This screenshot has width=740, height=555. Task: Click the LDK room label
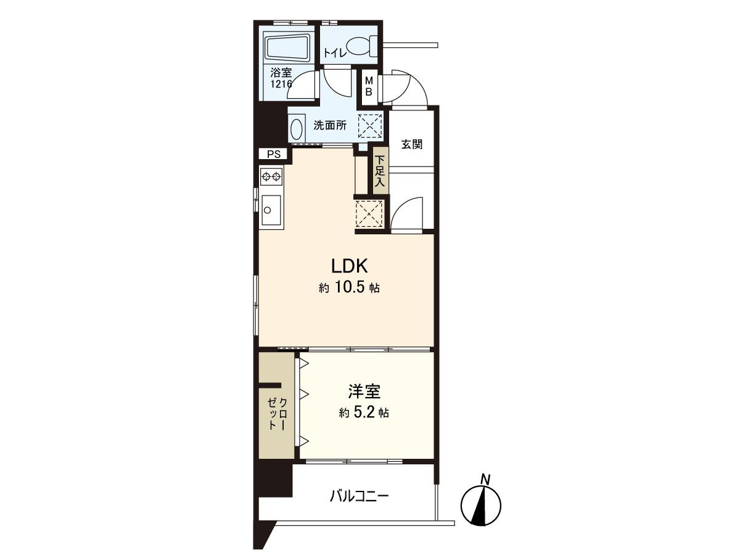click(x=349, y=266)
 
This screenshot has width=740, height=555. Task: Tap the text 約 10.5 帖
click(x=349, y=288)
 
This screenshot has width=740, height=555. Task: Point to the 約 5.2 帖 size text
click(x=364, y=413)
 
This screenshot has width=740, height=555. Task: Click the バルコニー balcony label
click(x=359, y=496)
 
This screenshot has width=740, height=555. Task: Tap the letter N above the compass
click(x=485, y=479)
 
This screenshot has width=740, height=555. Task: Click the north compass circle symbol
click(x=481, y=506)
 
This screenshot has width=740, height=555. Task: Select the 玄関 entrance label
click(x=412, y=144)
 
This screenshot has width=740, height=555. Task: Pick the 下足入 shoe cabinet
click(x=380, y=171)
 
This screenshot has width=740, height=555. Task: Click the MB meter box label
click(x=369, y=86)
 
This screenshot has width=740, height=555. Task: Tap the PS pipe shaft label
click(x=274, y=154)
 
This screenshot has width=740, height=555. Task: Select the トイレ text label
click(x=335, y=53)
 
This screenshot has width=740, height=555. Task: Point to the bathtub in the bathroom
click(x=287, y=49)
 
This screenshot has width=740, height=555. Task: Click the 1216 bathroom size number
click(x=281, y=84)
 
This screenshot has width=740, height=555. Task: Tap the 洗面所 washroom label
click(x=330, y=125)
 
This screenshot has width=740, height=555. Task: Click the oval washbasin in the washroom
click(x=297, y=128)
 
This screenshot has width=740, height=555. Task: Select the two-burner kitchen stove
click(x=271, y=176)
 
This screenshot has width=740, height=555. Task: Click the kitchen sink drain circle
click(x=268, y=210)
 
